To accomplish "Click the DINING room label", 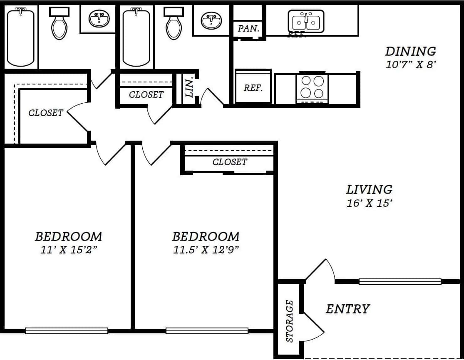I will pos(410,51).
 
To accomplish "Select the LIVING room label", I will pos(369,189).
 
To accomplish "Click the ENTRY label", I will pos(347,309).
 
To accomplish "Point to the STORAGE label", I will pos(290,321).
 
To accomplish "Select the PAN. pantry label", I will pos(249,29).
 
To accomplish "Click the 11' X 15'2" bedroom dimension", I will pos(68,250).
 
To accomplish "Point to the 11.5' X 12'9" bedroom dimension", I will pos(206,250).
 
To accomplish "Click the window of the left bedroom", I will pos(67,331).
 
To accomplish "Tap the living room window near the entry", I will pos(400,282).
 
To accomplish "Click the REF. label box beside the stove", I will pos(253,88).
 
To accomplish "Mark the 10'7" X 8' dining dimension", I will pos(410,65).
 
